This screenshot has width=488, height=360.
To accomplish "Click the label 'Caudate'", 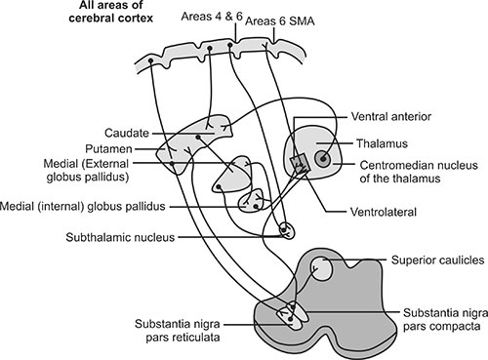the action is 127,133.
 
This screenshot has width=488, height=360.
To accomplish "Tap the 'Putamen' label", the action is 108,149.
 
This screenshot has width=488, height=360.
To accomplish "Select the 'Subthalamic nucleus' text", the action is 120,237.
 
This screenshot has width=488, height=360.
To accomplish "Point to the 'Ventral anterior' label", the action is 390,116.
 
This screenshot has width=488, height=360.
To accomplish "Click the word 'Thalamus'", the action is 382,143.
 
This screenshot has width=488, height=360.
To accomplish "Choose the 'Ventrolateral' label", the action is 384,212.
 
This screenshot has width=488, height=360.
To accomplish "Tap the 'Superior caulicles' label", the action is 437,260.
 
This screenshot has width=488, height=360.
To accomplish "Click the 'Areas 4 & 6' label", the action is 212,17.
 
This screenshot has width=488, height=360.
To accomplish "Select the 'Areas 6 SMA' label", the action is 280,21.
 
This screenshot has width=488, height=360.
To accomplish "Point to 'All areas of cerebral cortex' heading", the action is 110,12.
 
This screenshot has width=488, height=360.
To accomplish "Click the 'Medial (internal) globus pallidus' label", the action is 83,206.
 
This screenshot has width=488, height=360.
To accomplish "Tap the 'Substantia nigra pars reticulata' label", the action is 178,331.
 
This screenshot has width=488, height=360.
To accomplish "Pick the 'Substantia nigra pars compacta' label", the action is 445,319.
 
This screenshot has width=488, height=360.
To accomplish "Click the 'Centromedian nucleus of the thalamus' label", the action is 419,172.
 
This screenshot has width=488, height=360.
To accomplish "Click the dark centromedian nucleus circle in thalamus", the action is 323,159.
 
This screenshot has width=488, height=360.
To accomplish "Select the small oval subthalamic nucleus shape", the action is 287,230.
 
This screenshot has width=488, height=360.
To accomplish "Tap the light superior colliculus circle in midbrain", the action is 321,268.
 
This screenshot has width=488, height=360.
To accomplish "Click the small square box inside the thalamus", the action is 299,165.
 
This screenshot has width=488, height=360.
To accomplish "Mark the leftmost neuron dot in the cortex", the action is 150,60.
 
